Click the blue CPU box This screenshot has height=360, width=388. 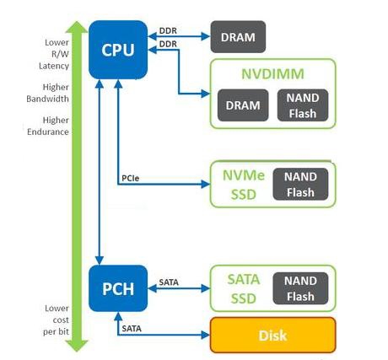coord(118,50)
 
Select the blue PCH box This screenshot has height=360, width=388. coord(118,288)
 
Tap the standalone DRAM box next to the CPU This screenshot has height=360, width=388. coord(238,37)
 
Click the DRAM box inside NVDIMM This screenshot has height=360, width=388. coord(243,105)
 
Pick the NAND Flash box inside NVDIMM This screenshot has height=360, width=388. coord(303,105)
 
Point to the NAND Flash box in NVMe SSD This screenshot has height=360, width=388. coord(300,185)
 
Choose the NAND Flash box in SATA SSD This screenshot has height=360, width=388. coord(300,288)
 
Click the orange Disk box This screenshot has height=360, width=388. coord(273,336)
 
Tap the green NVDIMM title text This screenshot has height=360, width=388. coord(272,74)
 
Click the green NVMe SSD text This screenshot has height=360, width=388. coord(244,185)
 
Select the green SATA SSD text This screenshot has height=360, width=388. coord(244,289)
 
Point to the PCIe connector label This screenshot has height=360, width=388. coord(131,178)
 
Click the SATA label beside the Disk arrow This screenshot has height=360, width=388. coord(132,329)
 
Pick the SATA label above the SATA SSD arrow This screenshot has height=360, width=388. coord(169,282)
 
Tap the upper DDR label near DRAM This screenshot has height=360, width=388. coord(168,30)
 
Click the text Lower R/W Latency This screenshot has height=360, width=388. coord(54,54)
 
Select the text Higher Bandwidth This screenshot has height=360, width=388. coord(48,93)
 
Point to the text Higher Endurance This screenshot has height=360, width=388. coord(48,126)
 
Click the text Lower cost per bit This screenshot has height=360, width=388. coord(56,320)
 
